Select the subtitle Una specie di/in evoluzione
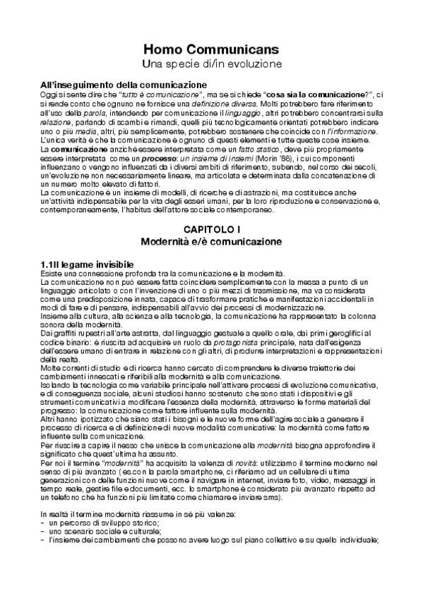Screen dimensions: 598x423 212,63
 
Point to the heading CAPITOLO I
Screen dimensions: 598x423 212,229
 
